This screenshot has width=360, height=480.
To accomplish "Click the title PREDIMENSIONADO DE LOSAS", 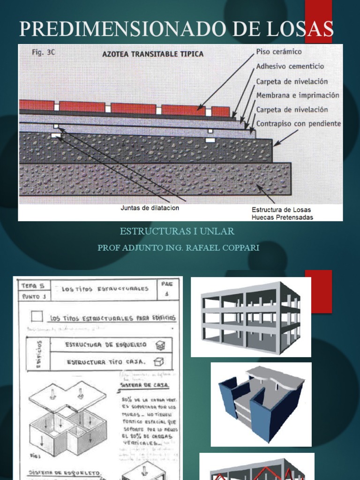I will pyautogui.click(x=176, y=29).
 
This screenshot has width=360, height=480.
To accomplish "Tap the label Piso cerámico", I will pyautogui.click(x=279, y=52).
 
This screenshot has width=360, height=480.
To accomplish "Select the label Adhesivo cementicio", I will pyautogui.click(x=290, y=67).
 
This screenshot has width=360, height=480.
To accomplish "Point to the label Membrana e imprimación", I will pyautogui.click(x=297, y=95).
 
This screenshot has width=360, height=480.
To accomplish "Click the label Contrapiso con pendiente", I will pyautogui.click(x=299, y=124).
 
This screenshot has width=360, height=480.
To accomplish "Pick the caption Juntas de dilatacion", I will pyautogui.click(x=150, y=208).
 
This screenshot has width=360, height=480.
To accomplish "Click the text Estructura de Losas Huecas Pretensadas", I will pyautogui.click(x=282, y=213).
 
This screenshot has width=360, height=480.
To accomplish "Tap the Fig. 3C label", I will pyautogui.click(x=44, y=52).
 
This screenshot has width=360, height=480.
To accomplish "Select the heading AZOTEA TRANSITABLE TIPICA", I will pyautogui.click(x=153, y=54).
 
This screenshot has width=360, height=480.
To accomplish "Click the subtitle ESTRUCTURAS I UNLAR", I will pyautogui.click(x=177, y=232).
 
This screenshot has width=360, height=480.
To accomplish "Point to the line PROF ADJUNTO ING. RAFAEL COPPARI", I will pyautogui.click(x=178, y=247).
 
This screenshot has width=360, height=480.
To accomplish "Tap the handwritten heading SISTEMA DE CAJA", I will pyautogui.click(x=145, y=385).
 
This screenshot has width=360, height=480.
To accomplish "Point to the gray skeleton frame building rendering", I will pyautogui.click(x=250, y=316).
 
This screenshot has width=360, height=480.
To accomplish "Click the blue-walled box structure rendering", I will pyautogui.click(x=261, y=404).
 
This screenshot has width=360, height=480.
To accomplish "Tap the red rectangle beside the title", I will pyautogui.click(x=318, y=21).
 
